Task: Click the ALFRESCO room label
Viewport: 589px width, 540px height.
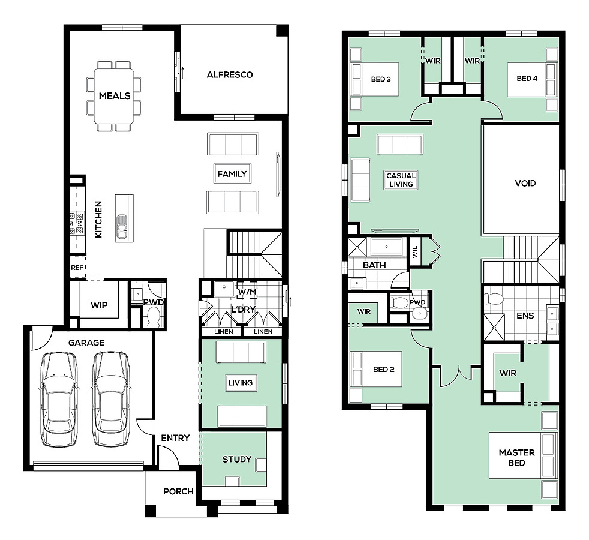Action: point(230,75)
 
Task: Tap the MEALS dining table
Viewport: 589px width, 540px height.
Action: point(114,96)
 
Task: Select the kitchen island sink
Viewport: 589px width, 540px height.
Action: point(122,227)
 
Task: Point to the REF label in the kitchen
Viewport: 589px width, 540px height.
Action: point(78,268)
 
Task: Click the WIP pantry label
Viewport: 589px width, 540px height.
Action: point(99,305)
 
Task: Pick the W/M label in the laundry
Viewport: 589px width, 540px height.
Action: point(247,292)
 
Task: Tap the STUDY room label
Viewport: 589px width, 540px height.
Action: point(237,459)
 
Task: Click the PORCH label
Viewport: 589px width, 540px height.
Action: point(178,491)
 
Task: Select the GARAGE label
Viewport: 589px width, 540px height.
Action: point(86,343)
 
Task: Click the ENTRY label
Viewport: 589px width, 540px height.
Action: point(175,438)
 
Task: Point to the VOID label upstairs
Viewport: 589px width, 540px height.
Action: point(525,184)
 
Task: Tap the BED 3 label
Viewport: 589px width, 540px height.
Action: point(381,79)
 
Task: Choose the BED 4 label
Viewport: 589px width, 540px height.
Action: point(527,79)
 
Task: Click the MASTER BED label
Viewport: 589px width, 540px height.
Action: point(516,458)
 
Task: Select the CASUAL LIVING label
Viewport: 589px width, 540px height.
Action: point(401,180)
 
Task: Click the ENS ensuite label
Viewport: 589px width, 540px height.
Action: point(525,316)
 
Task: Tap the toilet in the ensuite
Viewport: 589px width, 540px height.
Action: point(494,299)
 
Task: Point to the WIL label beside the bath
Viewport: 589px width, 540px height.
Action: point(415,252)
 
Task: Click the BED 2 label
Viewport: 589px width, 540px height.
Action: point(383,370)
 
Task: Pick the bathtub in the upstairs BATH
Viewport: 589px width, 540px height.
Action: point(386,247)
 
